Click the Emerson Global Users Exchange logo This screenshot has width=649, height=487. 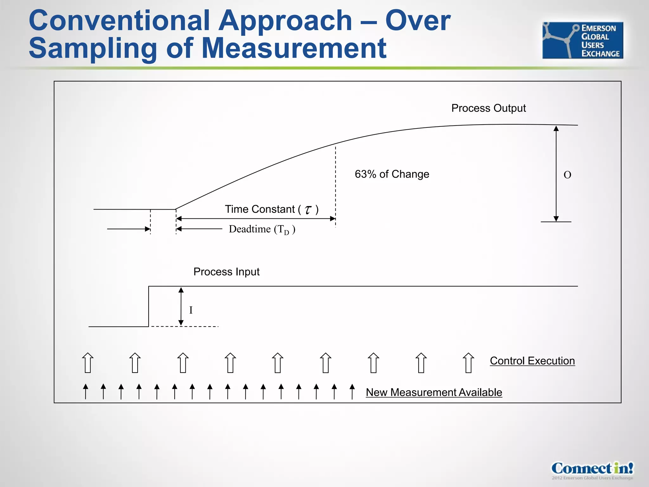(x=582, y=40)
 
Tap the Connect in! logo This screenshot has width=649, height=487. (x=592, y=470)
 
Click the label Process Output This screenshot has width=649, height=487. (x=488, y=108)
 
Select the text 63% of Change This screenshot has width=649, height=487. (x=392, y=174)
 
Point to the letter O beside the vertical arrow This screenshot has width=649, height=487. (x=567, y=175)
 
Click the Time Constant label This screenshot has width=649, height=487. (x=260, y=209)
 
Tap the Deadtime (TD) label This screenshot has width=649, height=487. (x=262, y=229)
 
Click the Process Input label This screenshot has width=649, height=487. (x=226, y=272)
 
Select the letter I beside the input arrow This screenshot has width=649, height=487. (x=191, y=310)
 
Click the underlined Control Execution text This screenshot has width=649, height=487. (x=532, y=361)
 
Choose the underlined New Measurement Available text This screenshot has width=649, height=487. (x=434, y=393)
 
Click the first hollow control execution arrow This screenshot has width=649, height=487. (x=88, y=363)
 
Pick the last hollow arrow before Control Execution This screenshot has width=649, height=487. (x=468, y=363)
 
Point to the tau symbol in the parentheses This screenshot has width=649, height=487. (x=308, y=210)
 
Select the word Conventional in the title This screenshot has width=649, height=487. (x=119, y=21)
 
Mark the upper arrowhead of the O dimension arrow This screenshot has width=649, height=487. (x=556, y=128)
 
